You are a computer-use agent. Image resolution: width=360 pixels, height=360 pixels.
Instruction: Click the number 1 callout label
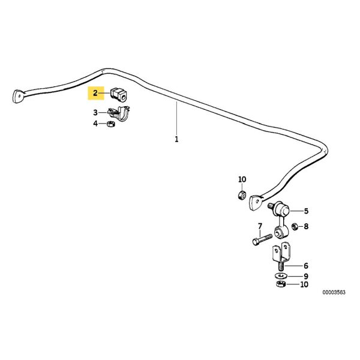click(x=176, y=140)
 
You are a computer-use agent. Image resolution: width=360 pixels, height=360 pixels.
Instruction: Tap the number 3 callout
click(x=95, y=112)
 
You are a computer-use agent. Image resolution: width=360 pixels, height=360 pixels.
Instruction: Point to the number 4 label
click(x=95, y=124)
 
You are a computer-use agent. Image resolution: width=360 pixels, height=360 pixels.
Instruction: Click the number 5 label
click(x=305, y=211)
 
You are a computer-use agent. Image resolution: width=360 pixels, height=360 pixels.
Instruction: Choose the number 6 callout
click(x=305, y=265)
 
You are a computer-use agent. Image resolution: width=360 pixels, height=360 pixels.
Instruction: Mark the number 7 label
click(x=260, y=226)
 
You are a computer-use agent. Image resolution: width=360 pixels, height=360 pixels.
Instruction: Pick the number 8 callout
click(x=305, y=226)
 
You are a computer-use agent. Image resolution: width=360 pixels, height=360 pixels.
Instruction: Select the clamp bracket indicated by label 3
click(x=122, y=113)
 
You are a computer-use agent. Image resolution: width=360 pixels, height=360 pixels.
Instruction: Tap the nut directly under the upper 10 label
click(x=241, y=195)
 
